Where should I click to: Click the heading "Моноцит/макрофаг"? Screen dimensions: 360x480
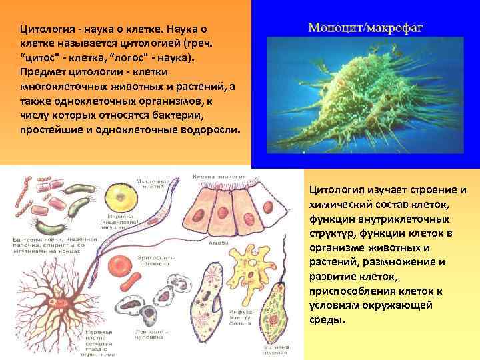pos(366,29)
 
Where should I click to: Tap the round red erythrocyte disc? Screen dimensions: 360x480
pos(119,263)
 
